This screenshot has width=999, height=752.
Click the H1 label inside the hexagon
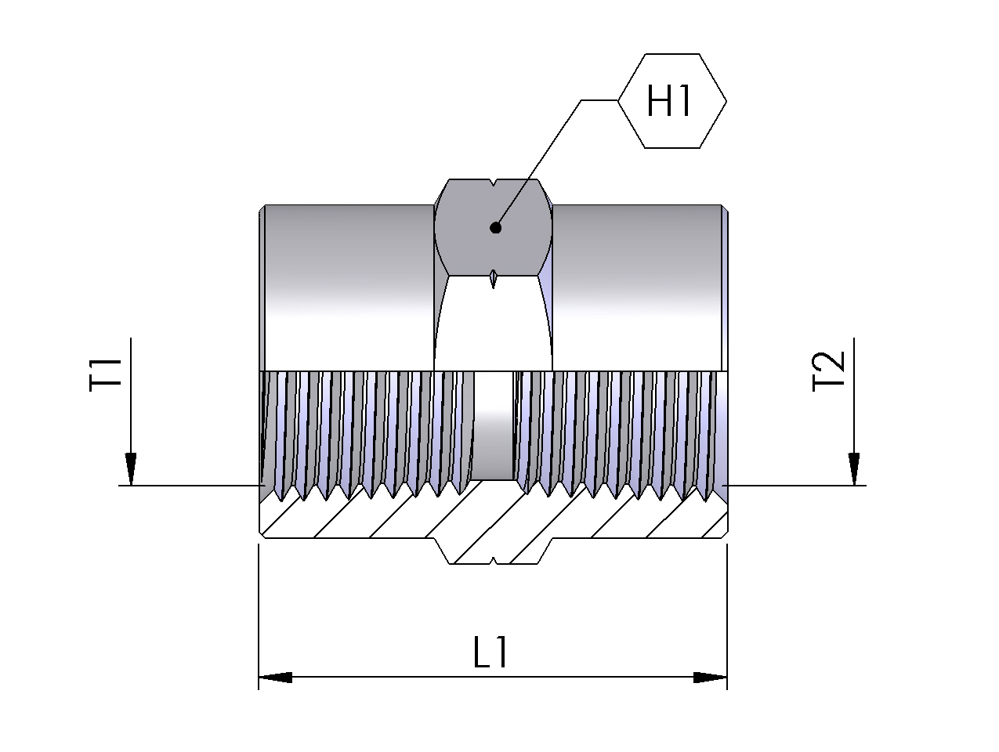(670, 101)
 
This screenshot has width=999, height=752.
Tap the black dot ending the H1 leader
(495, 228)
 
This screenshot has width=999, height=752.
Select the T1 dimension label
(107, 373)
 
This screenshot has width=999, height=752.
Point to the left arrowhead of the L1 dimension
(275, 677)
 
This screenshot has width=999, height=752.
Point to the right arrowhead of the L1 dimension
(711, 677)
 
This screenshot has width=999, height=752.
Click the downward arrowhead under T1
(131, 470)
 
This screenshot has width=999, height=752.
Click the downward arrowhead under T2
(855, 470)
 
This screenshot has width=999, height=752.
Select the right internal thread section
(619, 427)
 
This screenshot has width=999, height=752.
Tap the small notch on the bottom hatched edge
(493, 560)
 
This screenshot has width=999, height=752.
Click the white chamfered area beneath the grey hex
(494, 329)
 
